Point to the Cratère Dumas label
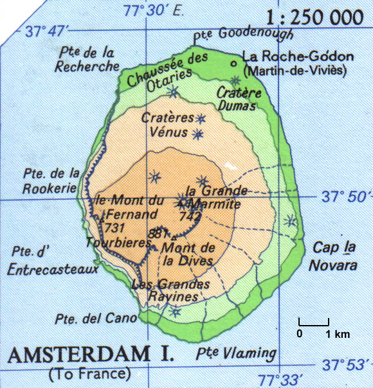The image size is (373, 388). pyautogui.click(x=239, y=100)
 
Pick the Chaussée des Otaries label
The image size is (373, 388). pyautogui.click(x=160, y=71)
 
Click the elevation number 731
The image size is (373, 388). pyautogui.click(x=114, y=229)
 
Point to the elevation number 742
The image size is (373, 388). pyautogui.click(x=190, y=217)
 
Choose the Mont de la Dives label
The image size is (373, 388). pyautogui.click(x=188, y=254)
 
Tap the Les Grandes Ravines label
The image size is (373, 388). pyautogui.click(x=170, y=290)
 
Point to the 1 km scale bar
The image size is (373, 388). pyautogui.click(x=314, y=326)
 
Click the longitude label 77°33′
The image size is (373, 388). pyautogui.click(x=280, y=378)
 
